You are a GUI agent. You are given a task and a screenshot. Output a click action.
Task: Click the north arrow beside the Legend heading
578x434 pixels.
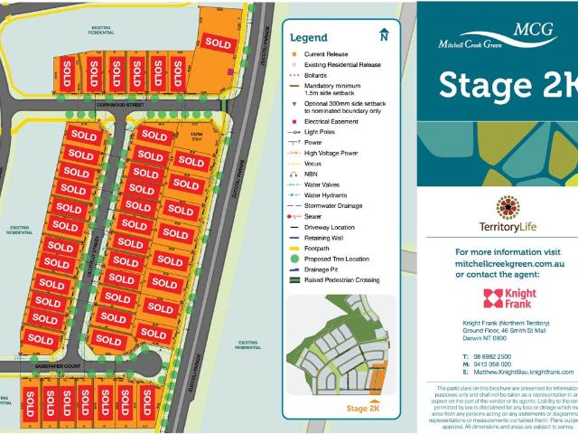tap(383, 35)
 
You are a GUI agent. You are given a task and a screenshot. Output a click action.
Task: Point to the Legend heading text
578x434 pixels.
tap(308, 38)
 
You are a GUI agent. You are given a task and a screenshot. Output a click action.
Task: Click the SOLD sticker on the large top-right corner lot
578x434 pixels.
tap(218, 42)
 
